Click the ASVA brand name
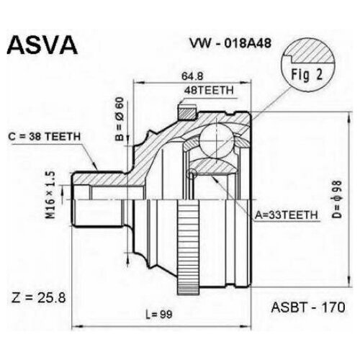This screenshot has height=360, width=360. pyautogui.click(x=42, y=45)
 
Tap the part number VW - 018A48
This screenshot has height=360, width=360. pyautogui.click(x=230, y=43)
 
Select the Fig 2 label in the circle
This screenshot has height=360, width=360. pyautogui.click(x=307, y=75)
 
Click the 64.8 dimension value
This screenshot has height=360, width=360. pyautogui.click(x=192, y=76)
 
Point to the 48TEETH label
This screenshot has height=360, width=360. pyautogui.click(x=209, y=91)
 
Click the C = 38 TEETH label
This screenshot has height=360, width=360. pyautogui.click(x=44, y=137)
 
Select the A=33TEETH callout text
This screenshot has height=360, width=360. pyautogui.click(x=287, y=215)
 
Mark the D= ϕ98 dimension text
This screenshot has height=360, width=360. pyautogui.click(x=337, y=199)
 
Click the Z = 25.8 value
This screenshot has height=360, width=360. pyautogui.click(x=38, y=298)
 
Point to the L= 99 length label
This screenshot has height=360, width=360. pyautogui.click(x=159, y=315)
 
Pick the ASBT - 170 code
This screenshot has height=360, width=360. pyautogui.click(x=308, y=307)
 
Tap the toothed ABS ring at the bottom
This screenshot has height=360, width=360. pyautogui.click(x=188, y=248)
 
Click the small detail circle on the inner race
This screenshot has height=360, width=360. pyautogui.click(x=192, y=174)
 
